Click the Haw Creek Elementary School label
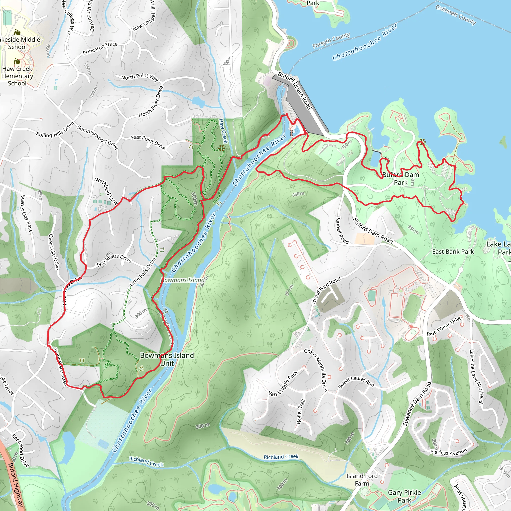point(17,76)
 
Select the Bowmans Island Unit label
point(167,359)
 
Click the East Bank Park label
point(453,252)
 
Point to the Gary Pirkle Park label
point(404,496)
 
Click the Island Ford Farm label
point(362,480)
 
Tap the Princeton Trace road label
point(100,48)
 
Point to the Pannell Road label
point(342,230)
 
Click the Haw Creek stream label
point(223,131)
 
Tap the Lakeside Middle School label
point(18,43)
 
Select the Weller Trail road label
point(301,411)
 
